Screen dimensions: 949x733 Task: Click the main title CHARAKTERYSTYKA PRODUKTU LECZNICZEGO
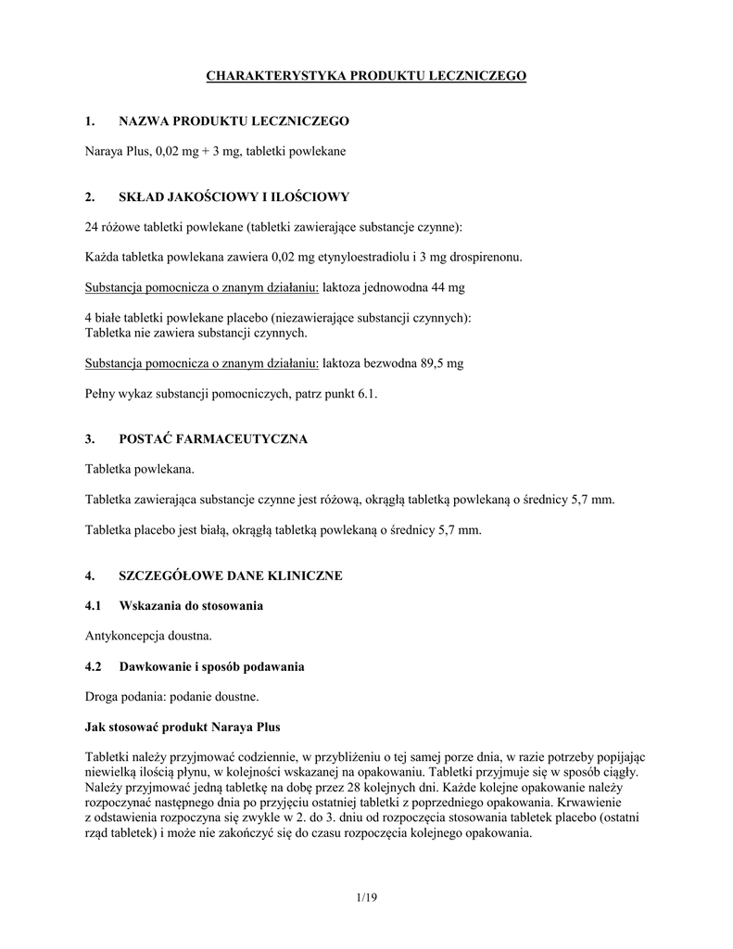(x=365, y=75)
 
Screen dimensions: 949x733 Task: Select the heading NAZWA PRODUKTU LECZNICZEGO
(x=234, y=120)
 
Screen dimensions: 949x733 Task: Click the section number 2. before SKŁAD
(x=90, y=196)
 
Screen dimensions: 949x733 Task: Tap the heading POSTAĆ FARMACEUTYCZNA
(x=213, y=439)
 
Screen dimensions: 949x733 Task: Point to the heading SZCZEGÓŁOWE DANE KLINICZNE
(x=231, y=576)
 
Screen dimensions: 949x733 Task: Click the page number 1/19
(x=366, y=898)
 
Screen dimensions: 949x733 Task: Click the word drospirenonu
(x=482, y=257)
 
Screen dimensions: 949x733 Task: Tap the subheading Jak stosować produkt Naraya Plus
(x=183, y=726)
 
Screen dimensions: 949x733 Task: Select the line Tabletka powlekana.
(x=140, y=469)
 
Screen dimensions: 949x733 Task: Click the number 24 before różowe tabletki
(x=92, y=226)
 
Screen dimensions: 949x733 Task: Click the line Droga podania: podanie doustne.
(x=172, y=696)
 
